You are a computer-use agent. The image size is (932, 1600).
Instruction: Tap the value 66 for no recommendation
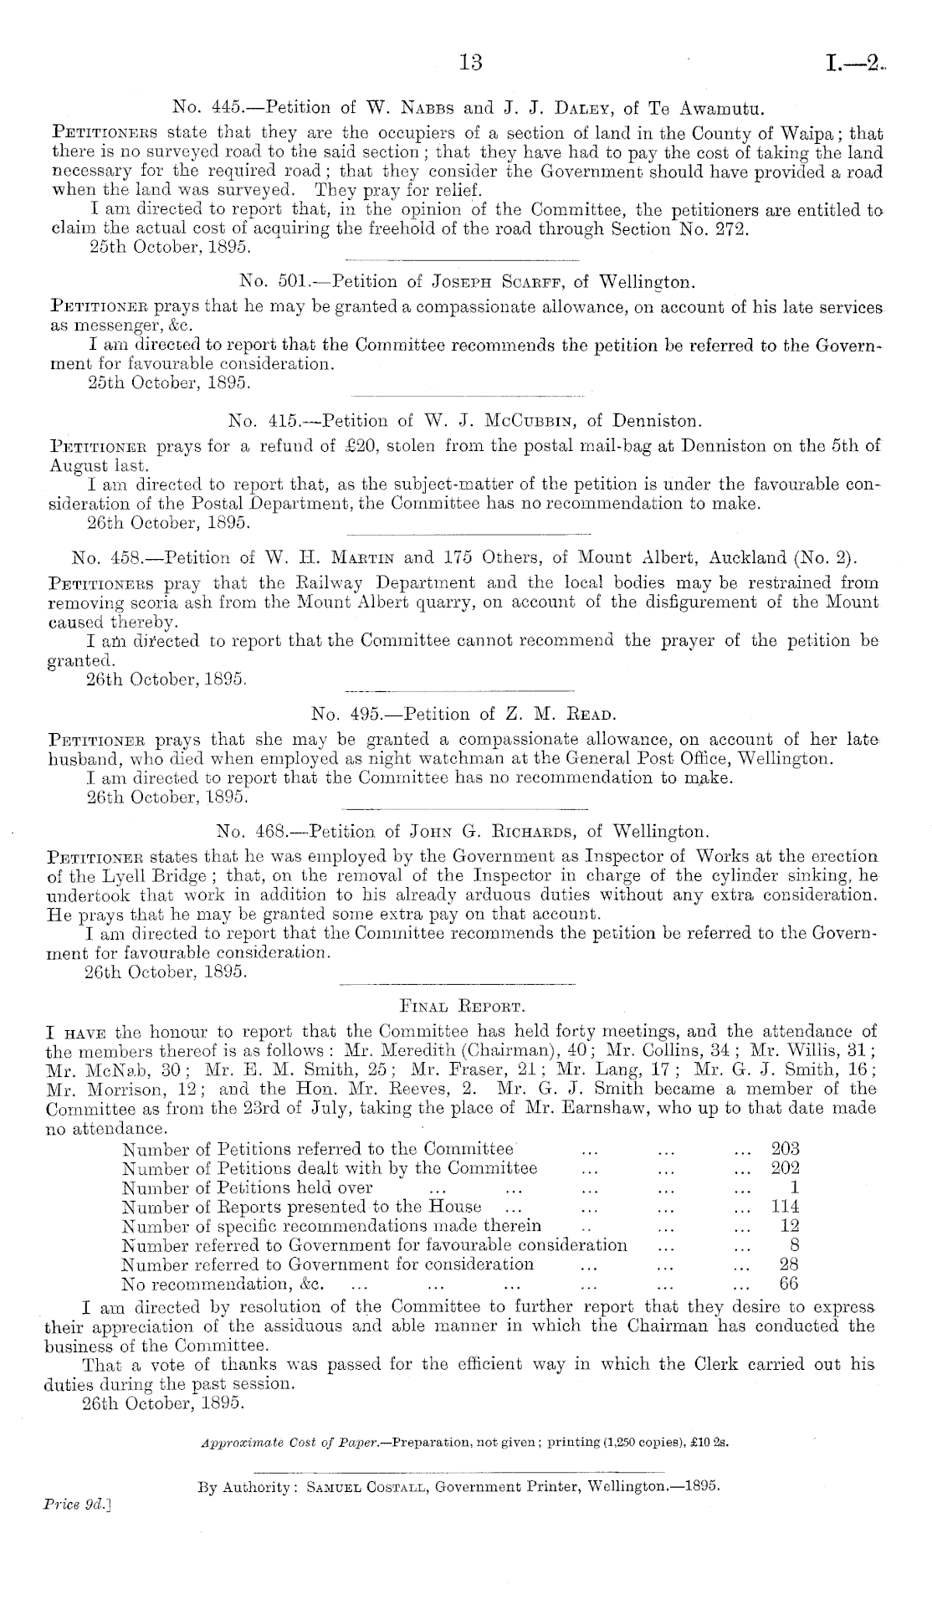[789, 1283]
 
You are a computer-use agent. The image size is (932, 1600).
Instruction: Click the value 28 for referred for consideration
[789, 1264]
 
